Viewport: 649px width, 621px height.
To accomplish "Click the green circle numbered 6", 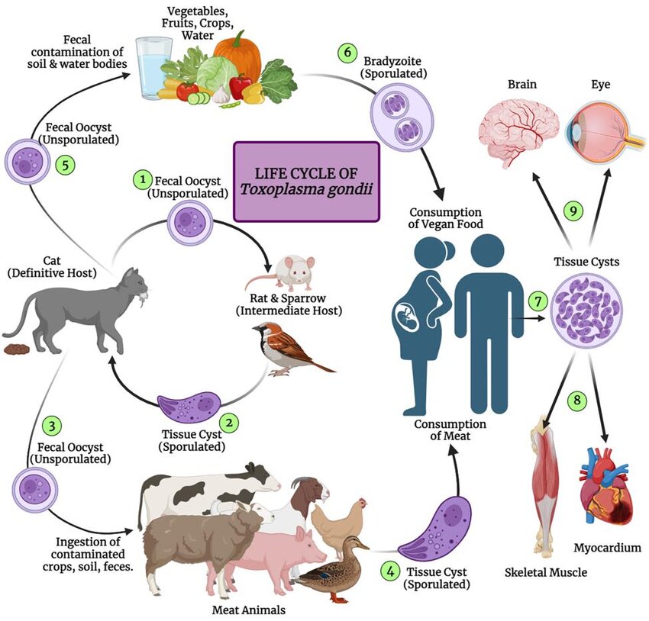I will [x=348, y=53].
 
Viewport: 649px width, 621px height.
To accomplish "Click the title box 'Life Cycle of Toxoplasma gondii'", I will [x=305, y=181].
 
